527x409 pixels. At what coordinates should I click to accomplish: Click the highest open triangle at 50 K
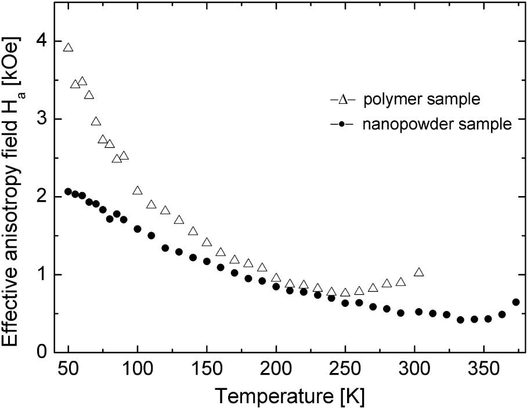68,48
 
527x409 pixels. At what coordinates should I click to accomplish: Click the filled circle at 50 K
68,191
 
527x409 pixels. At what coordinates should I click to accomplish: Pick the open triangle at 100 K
138,191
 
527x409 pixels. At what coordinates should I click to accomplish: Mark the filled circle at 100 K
138,229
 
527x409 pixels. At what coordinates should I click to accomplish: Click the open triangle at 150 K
207,242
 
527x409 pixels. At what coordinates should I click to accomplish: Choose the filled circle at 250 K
345,303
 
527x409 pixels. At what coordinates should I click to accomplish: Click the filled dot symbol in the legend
342,124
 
